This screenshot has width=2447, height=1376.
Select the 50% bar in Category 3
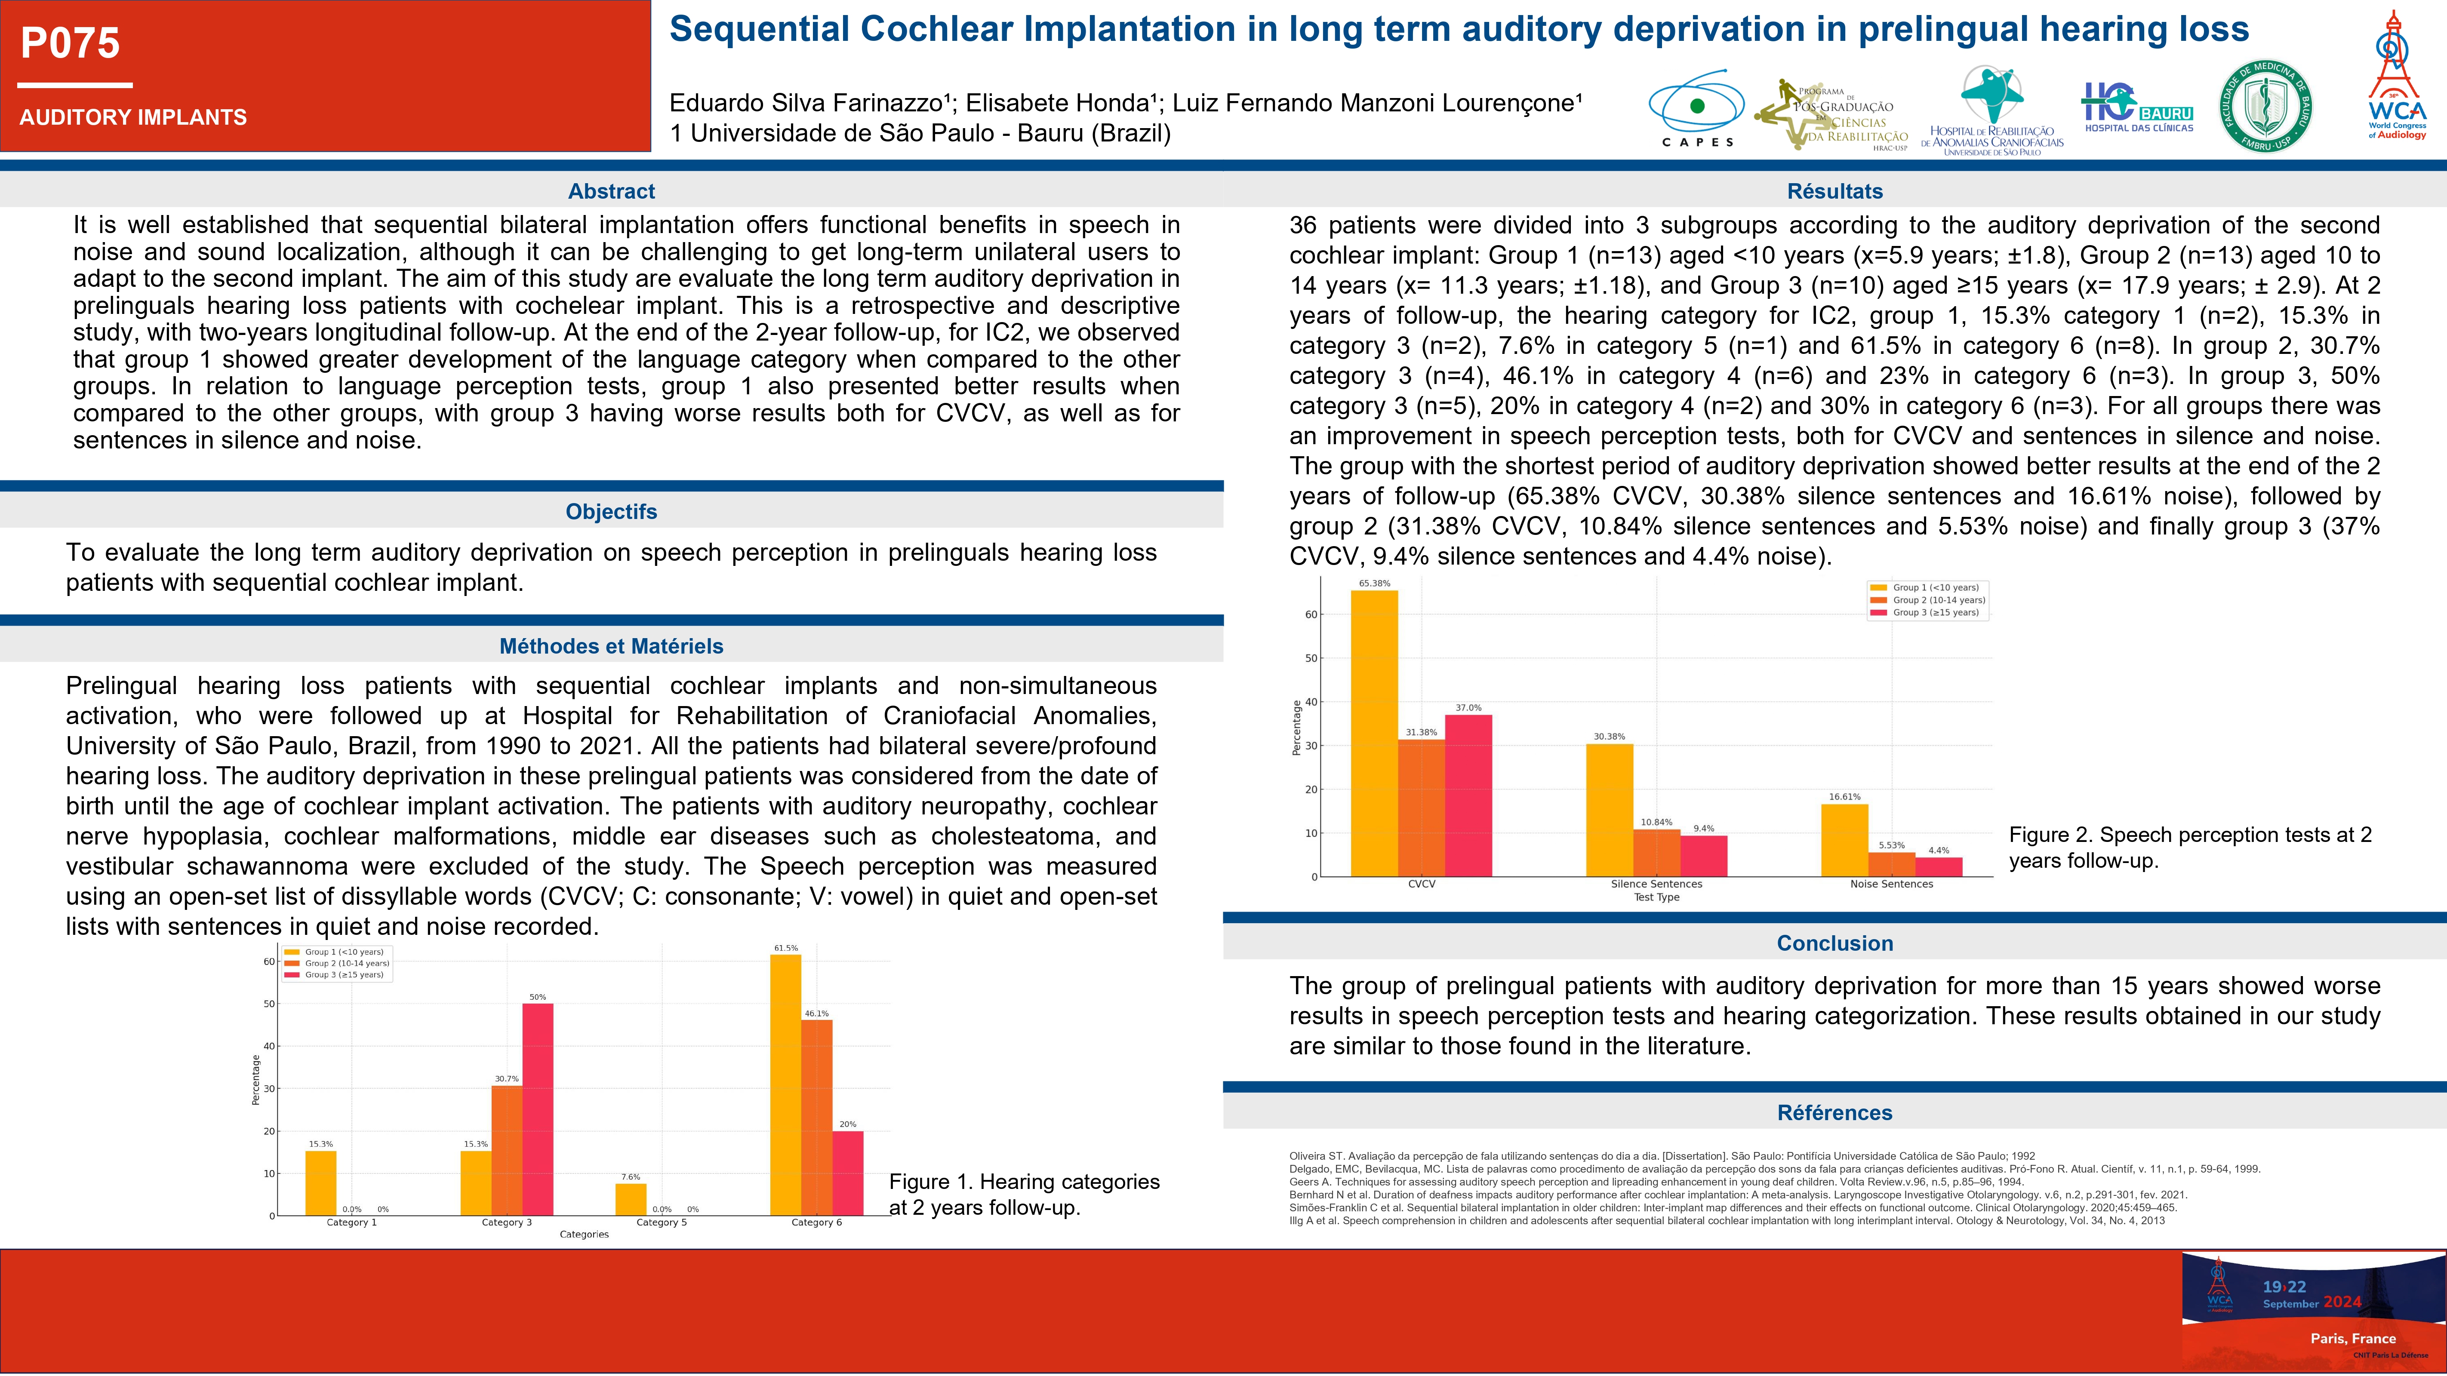click(x=538, y=1109)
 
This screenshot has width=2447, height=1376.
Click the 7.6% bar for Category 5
click(x=631, y=1198)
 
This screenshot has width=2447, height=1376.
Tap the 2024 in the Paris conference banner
click(x=2342, y=1302)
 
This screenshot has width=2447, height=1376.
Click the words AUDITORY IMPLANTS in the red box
click(x=133, y=118)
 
